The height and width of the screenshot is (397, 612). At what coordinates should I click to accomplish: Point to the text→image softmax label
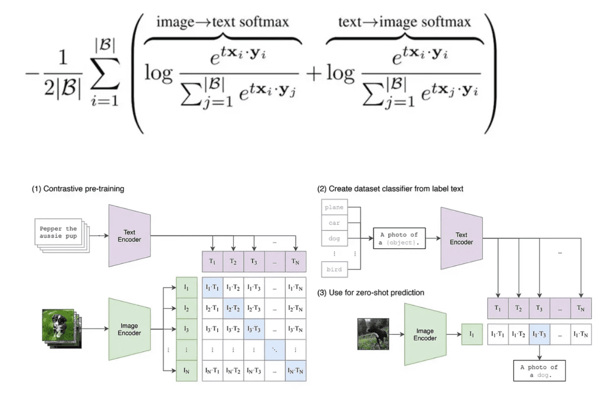point(404,22)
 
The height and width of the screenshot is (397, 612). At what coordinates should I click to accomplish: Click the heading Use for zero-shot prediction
point(371,293)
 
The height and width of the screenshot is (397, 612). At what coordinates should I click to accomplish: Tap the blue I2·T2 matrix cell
point(233,308)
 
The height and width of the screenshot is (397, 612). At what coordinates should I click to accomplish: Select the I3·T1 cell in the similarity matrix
point(212,329)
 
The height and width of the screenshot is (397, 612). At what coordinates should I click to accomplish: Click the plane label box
point(334,207)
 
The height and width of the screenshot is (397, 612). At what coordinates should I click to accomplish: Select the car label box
point(334,223)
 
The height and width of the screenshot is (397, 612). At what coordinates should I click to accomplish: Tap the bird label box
point(334,270)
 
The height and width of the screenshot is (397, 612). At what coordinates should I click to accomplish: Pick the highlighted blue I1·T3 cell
point(539,334)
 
